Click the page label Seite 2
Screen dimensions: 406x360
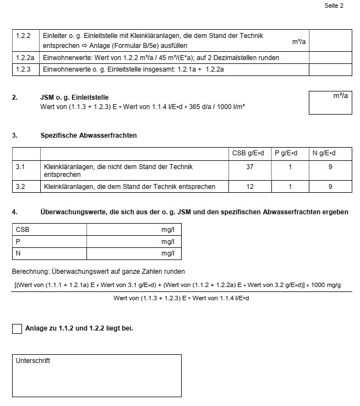coord(334,6)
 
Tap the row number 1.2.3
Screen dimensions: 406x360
coord(23,69)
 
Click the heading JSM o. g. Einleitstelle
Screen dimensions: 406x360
coord(74,98)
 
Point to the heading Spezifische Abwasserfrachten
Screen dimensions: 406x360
coord(89,135)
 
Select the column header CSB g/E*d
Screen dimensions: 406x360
coord(250,153)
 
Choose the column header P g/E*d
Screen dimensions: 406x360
coord(290,153)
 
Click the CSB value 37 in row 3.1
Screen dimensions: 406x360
coord(250,166)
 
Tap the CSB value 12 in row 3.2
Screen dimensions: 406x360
coord(250,187)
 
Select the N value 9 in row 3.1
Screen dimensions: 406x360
coord(330,166)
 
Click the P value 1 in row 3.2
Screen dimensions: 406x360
coord(290,187)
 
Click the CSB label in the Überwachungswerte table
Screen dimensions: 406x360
coord(23,229)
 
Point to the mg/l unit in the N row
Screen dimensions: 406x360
coord(168,253)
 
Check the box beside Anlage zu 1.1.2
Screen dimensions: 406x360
coord(17,329)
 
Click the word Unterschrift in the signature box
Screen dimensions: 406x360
coord(33,361)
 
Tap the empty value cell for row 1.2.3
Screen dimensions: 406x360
coord(330,69)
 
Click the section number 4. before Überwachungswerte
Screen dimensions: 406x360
coord(15,212)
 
